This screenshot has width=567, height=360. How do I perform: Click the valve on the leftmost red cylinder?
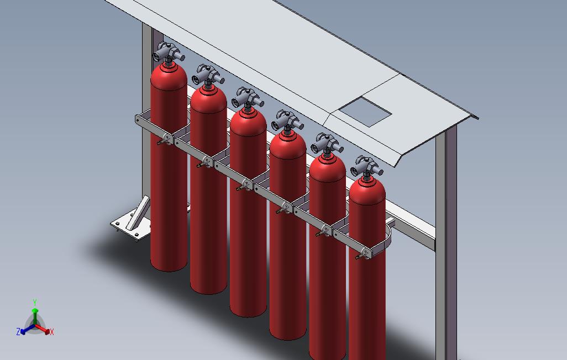click(x=168, y=53)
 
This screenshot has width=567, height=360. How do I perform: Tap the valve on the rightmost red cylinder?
click(x=366, y=167)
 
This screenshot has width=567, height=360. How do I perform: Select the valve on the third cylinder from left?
click(x=248, y=98)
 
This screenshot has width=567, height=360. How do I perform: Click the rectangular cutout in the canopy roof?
click(x=365, y=112)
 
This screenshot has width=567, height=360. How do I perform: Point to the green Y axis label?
click(x=35, y=302)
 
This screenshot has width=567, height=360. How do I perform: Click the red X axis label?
click(x=52, y=332)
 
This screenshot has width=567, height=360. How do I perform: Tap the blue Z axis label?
click(x=18, y=331)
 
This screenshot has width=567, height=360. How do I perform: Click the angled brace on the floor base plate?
click(x=138, y=213)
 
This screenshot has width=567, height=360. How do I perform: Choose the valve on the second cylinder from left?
click(x=208, y=75)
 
